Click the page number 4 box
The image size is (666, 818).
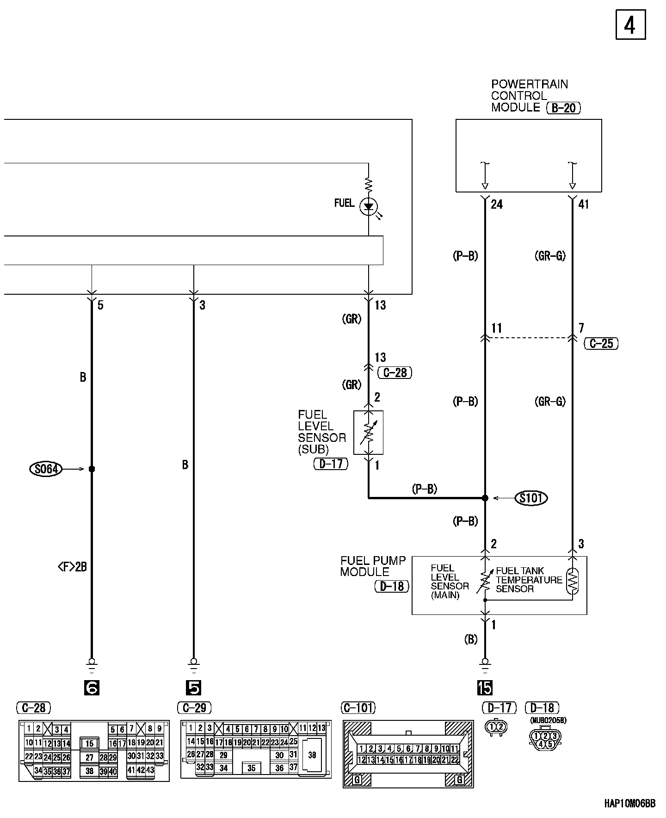[x=630, y=25]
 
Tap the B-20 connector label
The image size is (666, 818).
[x=563, y=108]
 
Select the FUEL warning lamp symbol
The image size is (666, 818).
[x=369, y=206]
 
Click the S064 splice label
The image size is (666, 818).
[x=46, y=469]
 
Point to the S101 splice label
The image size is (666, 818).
[x=531, y=498]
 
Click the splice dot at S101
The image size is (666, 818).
[x=485, y=498]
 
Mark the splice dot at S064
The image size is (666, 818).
[x=92, y=469]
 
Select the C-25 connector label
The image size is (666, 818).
[x=601, y=343]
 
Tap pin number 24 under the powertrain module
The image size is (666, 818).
[x=497, y=204]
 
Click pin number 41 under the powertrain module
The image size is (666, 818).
[x=584, y=204]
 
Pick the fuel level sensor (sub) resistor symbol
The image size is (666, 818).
[x=368, y=432]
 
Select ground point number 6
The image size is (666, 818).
[x=92, y=688]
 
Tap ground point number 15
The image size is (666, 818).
[x=485, y=688]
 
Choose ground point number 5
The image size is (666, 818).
[x=193, y=688]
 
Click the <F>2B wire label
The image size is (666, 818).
[x=72, y=567]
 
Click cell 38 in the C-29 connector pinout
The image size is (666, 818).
[x=312, y=755]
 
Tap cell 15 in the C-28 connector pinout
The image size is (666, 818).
[x=89, y=744]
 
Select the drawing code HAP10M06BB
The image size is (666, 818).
[x=629, y=804]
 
